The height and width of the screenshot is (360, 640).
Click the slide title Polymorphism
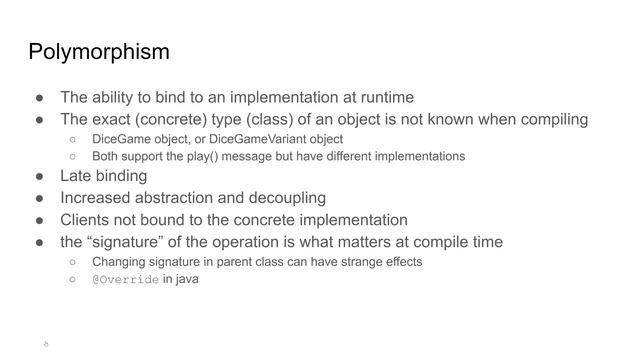[98, 52]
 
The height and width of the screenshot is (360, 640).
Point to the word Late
[77, 175]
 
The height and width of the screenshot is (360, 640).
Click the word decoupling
[290, 197]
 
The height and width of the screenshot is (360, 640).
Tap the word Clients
[89, 220]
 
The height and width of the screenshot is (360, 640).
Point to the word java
[187, 279]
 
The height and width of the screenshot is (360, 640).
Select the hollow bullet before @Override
[73, 280]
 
